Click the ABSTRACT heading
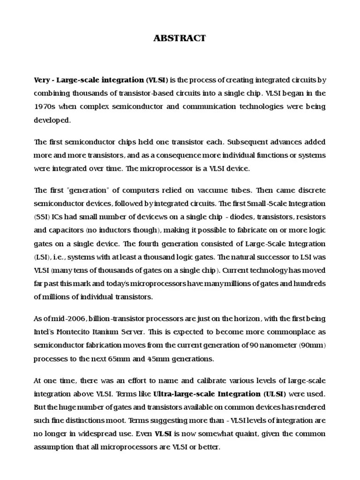180,38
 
